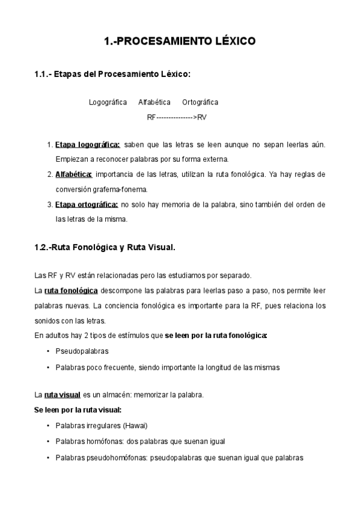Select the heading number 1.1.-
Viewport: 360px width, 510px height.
pyautogui.click(x=44, y=74)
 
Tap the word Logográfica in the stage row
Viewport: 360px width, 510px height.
pyautogui.click(x=108, y=102)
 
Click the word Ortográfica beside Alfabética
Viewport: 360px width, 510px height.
pyautogui.click(x=200, y=102)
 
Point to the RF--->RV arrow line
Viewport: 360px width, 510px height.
pyautogui.click(x=177, y=117)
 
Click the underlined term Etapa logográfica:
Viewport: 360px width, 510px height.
pyautogui.click(x=88, y=145)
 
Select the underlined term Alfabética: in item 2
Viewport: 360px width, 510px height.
pyautogui.click(x=73, y=174)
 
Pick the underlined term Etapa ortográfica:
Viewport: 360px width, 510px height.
pyautogui.click(x=86, y=204)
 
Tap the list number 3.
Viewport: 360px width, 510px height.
pyautogui.click(x=49, y=204)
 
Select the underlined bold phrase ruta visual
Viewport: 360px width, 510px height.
pyautogui.click(x=62, y=395)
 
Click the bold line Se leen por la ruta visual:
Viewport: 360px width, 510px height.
pyautogui.click(x=79, y=410)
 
